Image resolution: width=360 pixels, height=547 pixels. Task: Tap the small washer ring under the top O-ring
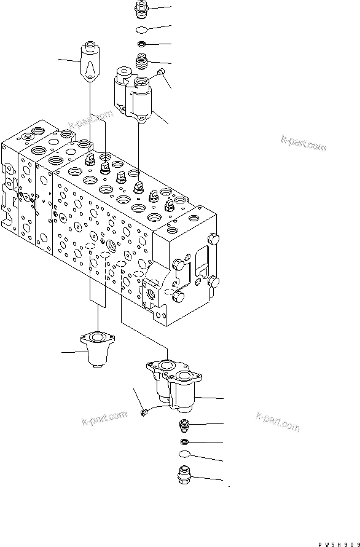tap(141, 44)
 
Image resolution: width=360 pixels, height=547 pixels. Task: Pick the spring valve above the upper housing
tap(143, 61)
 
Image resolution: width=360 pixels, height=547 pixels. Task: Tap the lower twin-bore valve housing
tap(174, 384)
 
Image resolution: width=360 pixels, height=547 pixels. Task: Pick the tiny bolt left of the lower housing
tap(143, 413)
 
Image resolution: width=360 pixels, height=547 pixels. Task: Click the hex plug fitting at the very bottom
tap(185, 476)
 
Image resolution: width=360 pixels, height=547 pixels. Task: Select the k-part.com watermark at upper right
tap(303, 144)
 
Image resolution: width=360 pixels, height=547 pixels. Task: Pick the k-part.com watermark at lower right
tap(278, 422)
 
